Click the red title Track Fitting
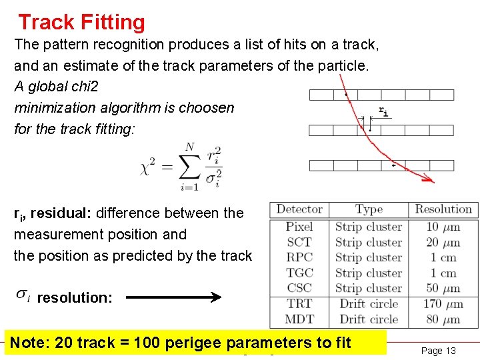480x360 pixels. pos(81,23)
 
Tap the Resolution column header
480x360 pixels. pos(443,209)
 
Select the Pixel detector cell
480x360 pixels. pos(299,227)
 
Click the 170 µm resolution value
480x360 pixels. pos(443,304)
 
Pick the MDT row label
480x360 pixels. pos(299,319)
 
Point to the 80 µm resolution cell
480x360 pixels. pos(443,319)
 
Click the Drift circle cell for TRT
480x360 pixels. pos(369,304)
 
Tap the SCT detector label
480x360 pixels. pos(299,242)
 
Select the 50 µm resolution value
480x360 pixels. pos(443,288)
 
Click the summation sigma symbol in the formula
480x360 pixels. pos(189,167)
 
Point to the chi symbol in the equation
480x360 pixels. pos(145,169)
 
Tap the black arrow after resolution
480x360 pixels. pos(173,297)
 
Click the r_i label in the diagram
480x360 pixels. pos(383,111)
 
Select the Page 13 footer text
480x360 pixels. pos(439,351)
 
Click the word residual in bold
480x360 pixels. pos(61,213)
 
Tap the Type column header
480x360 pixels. pos(369,210)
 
